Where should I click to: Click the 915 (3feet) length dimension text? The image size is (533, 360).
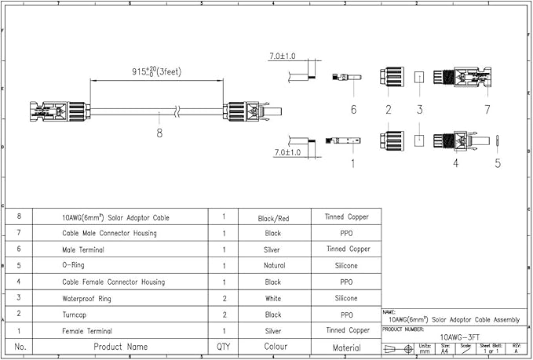(x=157, y=71)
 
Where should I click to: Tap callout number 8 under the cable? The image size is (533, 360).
(x=160, y=133)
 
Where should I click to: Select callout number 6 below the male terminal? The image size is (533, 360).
(x=353, y=109)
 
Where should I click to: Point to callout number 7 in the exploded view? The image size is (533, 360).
(x=487, y=109)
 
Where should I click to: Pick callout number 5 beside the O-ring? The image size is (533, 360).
(x=497, y=164)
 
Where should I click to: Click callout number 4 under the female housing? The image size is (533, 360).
(x=455, y=164)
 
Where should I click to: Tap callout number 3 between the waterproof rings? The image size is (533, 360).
(x=420, y=109)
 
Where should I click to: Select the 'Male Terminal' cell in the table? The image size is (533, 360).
(x=83, y=249)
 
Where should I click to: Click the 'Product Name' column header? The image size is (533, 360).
(x=121, y=347)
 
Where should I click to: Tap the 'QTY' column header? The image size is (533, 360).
(x=224, y=347)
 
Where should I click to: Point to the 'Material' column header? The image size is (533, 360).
(x=346, y=347)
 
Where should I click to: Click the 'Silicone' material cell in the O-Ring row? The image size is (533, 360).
(x=346, y=266)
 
